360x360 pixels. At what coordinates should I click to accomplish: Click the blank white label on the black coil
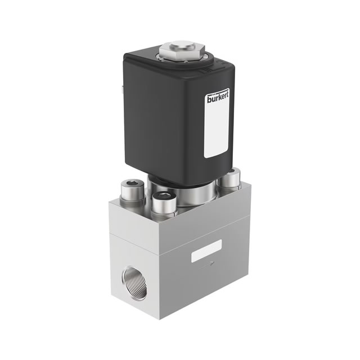[x=216, y=133]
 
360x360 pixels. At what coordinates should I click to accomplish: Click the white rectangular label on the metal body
[x=206, y=251]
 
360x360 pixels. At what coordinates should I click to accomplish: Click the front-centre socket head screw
[x=164, y=204]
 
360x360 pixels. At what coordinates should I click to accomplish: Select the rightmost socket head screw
[x=229, y=178]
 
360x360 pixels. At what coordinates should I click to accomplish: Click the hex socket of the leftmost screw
[x=132, y=184]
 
